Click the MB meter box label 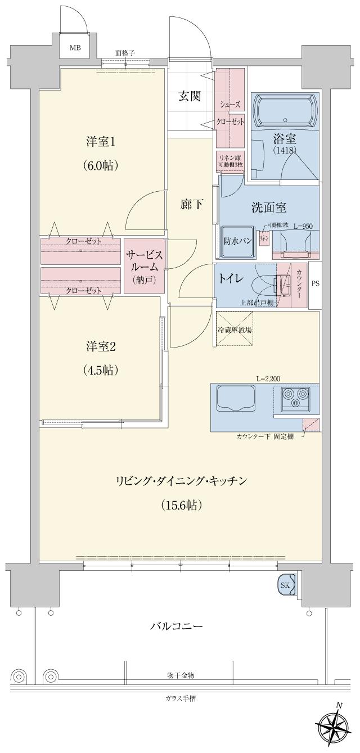click(75, 48)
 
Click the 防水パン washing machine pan click(236, 239)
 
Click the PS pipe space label click(315, 283)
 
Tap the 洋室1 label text click(101, 142)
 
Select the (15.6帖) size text click(181, 504)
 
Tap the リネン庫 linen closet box click(230, 161)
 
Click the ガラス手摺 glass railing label click(181, 698)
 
